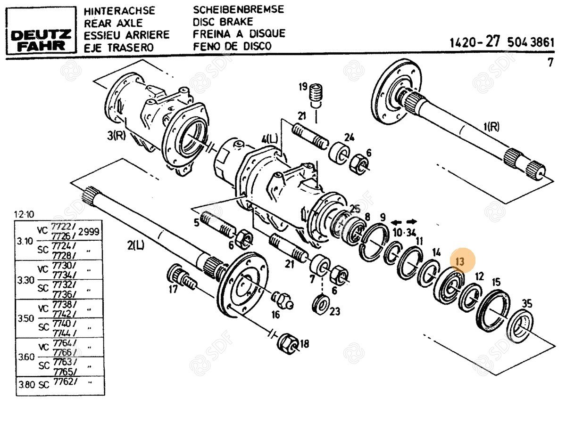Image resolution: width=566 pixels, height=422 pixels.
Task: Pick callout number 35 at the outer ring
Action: (x=526, y=304)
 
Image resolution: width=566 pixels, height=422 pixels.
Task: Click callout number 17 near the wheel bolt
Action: (x=174, y=288)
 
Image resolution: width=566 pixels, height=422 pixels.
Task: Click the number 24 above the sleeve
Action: (x=349, y=138)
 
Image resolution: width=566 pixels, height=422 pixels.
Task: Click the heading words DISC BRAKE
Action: (x=223, y=22)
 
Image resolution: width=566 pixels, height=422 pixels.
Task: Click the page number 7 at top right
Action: (x=550, y=62)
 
